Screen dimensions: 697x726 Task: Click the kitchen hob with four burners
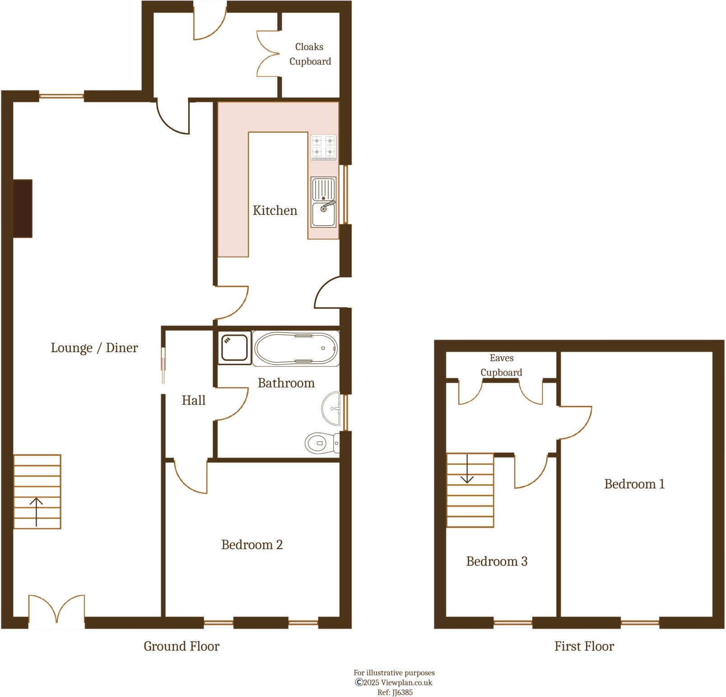tap(324, 147)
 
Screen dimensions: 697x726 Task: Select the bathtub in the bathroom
tap(296, 348)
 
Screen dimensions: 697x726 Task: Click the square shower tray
tap(234, 348)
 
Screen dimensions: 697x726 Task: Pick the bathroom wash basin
tap(332, 409)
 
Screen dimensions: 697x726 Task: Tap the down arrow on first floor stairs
tap(467, 469)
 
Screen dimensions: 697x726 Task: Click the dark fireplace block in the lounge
tap(23, 209)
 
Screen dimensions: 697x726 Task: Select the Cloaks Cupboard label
tap(310, 54)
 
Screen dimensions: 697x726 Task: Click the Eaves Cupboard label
tap(501, 365)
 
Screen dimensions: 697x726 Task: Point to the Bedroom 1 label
tap(634, 484)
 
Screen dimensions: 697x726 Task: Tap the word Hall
tap(193, 400)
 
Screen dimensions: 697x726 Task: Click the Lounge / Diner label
tap(94, 348)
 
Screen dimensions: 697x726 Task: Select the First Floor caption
tap(584, 646)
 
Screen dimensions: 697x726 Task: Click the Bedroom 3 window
tap(512, 623)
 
